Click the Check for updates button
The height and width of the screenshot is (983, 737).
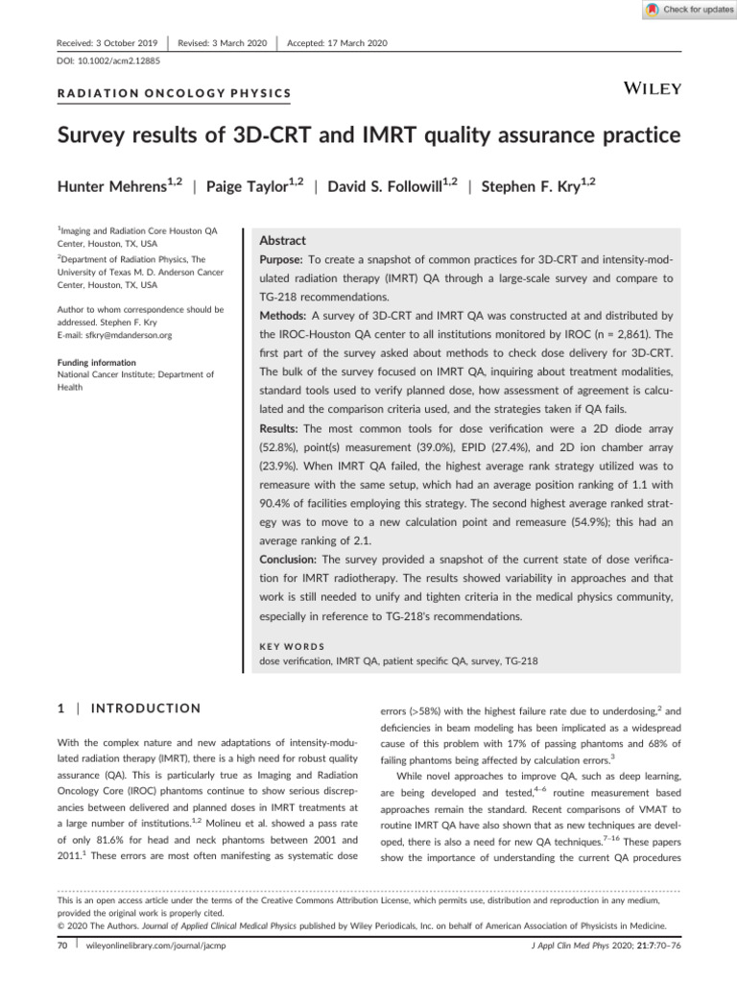coord(687,10)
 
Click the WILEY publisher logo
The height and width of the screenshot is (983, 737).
coord(653,89)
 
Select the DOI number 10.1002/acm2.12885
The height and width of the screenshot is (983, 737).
coord(107,60)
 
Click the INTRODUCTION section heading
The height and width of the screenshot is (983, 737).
coord(144,708)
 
